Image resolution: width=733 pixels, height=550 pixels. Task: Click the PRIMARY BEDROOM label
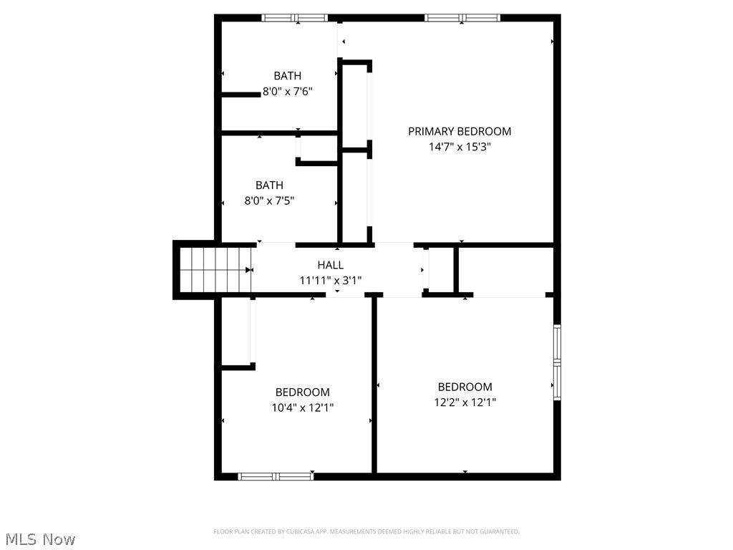click(460, 131)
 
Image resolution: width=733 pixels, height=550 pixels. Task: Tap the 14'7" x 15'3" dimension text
click(460, 147)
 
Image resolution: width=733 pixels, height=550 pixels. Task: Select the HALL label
click(330, 265)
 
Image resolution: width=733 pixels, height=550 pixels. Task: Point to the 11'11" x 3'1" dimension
click(330, 280)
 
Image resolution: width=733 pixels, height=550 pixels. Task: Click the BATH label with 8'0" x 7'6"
click(287, 76)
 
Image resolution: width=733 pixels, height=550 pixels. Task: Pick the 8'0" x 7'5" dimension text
click(269, 201)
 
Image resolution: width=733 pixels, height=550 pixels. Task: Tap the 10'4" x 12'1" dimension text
click(302, 407)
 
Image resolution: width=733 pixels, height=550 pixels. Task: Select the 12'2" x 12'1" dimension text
click(465, 402)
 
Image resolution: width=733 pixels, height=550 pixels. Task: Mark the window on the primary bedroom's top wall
click(462, 18)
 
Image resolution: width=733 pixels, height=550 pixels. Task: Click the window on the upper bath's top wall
click(294, 18)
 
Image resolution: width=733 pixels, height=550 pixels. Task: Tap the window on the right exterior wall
click(557, 362)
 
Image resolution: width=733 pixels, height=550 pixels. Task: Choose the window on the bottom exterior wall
click(276, 476)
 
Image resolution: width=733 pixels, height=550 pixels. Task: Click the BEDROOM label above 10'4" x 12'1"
click(302, 392)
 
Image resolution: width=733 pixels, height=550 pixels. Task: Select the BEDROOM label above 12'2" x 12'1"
click(465, 387)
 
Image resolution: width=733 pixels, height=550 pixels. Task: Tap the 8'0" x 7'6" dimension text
click(287, 92)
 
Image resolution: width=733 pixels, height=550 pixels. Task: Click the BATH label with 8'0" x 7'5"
click(269, 185)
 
